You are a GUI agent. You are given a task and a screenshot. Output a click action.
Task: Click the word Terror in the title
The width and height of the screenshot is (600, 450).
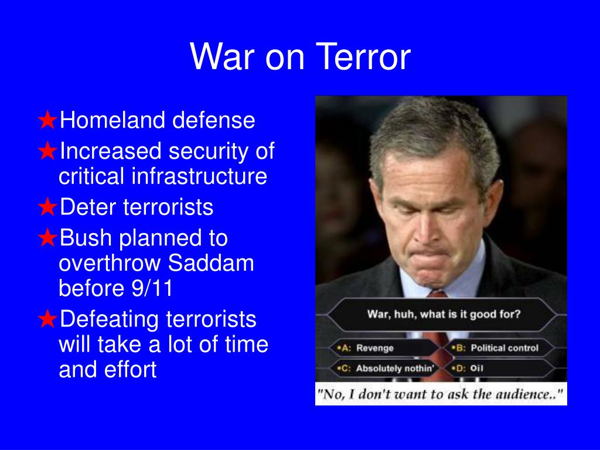(x=363, y=57)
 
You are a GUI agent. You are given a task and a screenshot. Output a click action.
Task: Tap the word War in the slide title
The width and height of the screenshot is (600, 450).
(x=222, y=57)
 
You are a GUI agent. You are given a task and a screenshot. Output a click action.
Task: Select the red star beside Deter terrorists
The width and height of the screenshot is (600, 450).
(x=48, y=207)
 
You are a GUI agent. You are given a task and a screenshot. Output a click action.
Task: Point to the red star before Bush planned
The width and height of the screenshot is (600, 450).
(x=48, y=237)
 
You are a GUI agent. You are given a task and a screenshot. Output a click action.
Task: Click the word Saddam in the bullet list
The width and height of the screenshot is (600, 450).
(x=211, y=263)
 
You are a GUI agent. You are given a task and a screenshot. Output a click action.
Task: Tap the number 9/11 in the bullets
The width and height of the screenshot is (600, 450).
(x=152, y=288)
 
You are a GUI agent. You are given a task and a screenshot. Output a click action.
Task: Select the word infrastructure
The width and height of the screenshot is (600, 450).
(x=199, y=176)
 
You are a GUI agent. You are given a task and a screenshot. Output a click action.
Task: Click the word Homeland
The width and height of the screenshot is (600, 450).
(x=112, y=120)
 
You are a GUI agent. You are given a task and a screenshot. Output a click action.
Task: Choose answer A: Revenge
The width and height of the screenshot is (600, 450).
(x=365, y=348)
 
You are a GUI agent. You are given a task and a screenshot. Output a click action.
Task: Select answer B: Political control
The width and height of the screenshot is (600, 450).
(x=495, y=348)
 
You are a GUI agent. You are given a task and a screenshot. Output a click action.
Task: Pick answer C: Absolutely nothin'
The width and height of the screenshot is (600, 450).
(x=386, y=368)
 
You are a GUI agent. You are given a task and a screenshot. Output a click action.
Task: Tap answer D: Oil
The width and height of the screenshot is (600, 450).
(x=467, y=368)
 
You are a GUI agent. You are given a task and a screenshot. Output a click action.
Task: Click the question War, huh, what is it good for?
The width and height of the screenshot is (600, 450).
(x=444, y=314)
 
